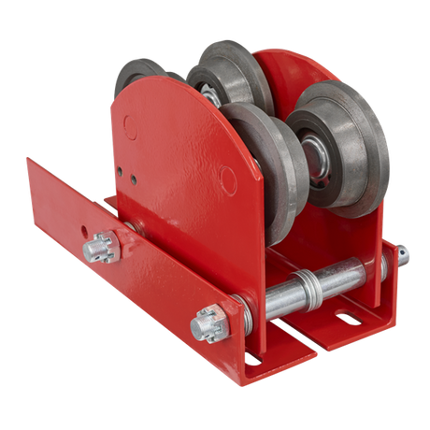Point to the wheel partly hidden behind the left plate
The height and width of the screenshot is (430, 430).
140,75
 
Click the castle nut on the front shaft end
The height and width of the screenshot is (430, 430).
205,325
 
